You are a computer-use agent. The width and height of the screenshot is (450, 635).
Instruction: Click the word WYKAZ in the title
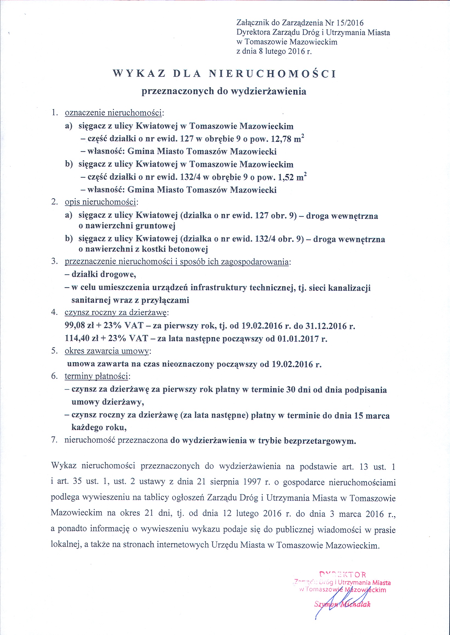coord(139,74)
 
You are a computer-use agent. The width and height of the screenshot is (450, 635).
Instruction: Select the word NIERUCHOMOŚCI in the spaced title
coord(272,74)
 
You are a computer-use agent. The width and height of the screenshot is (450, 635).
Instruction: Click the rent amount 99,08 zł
coord(77,326)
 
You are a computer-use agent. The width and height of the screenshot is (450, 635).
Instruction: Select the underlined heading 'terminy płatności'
coord(97,376)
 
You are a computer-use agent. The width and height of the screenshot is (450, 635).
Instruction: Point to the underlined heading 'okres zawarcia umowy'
coord(107,351)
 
